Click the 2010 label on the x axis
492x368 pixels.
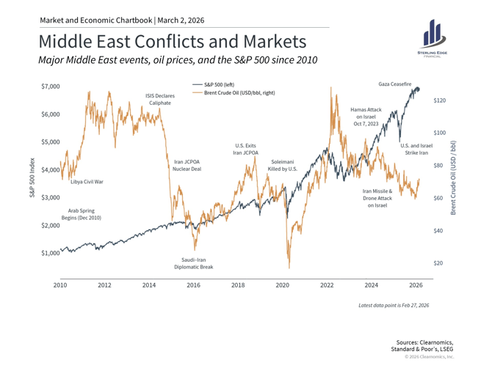[x=60, y=284]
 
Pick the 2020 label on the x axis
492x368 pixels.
[x=283, y=284]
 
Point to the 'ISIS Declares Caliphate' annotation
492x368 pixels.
[x=160, y=99]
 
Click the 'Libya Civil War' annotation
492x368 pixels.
[x=87, y=180]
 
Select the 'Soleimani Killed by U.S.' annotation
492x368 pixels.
[x=283, y=164]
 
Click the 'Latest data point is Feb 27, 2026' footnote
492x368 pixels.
[x=393, y=304]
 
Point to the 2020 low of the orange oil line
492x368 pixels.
[x=289, y=268]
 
